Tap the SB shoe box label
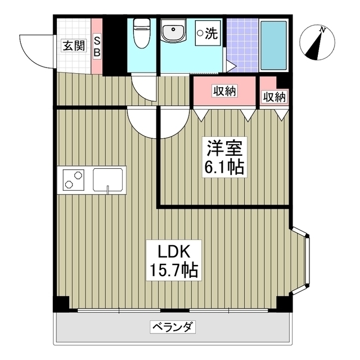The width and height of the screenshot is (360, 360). (97, 46)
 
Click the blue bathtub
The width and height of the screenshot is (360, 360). (274, 44)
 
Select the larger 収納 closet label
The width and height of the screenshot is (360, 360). (224, 91)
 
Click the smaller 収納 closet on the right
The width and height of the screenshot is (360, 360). (274, 97)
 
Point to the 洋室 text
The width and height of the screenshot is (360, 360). (224, 149)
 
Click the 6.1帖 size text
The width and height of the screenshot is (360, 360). (224, 167)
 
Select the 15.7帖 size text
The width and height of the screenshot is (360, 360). (172, 271)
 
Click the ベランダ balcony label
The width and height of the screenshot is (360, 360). (173, 326)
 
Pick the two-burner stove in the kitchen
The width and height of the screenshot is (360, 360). (73, 179)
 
